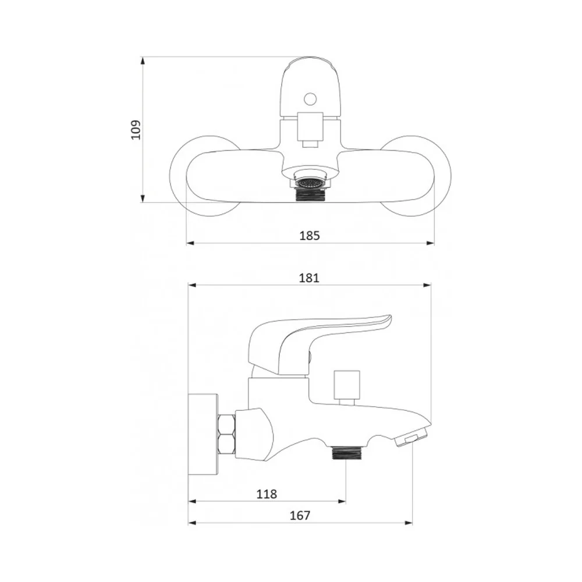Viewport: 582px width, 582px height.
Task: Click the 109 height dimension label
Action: [x=136, y=130]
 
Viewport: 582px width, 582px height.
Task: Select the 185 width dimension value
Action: [x=310, y=235]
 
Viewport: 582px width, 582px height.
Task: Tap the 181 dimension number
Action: [x=309, y=278]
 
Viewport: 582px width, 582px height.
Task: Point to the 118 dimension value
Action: [x=267, y=494]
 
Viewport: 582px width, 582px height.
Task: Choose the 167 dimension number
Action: [x=300, y=515]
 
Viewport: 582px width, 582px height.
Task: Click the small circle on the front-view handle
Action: [x=310, y=99]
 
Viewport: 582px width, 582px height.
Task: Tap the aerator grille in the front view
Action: [x=310, y=183]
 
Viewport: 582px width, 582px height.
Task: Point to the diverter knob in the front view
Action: [x=310, y=130]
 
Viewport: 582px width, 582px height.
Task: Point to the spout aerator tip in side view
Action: [x=411, y=438]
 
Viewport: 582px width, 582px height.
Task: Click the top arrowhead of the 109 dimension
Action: [x=143, y=61]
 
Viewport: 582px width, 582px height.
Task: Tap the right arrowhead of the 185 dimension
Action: [x=430, y=243]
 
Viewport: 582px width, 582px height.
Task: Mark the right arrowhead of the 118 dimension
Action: [x=342, y=502]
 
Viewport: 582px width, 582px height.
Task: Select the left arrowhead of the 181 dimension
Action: [x=192, y=285]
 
